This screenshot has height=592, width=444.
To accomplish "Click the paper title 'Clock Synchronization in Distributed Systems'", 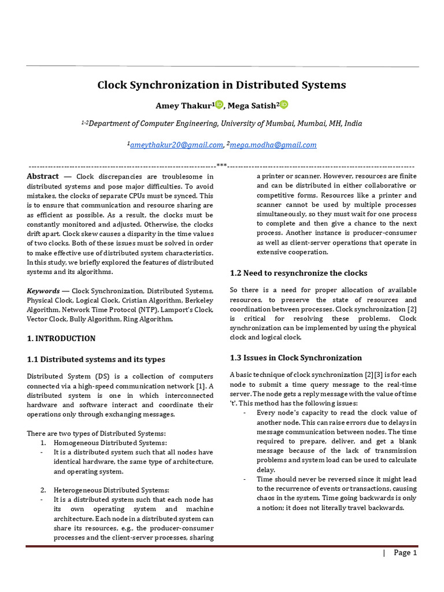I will coord(221,85).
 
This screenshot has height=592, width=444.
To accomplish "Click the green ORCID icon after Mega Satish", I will coord(284,104).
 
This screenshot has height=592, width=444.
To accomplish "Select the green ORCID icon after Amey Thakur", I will coord(219,104).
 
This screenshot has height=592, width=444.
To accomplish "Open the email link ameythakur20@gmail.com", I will coord(176,145).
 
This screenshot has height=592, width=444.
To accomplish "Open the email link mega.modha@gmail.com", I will coord(273,145).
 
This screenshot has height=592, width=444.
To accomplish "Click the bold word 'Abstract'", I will coord(43,176).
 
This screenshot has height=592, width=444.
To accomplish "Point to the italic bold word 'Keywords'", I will coord(43,291).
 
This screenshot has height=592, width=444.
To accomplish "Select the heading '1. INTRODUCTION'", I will coord(61,338).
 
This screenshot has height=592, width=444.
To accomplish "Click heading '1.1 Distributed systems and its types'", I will coord(96,359).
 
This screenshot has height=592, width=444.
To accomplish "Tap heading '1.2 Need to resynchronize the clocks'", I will coord(298,273).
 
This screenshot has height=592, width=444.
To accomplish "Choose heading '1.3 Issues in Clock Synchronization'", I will coord(296,357).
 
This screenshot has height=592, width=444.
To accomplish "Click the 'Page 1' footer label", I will coord(405,553).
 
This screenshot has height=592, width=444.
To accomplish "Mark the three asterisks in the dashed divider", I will coord(221,165).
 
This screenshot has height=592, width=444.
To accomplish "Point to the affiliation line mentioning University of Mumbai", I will coord(221,124).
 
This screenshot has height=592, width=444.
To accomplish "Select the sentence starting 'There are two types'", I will coord(97,433).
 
